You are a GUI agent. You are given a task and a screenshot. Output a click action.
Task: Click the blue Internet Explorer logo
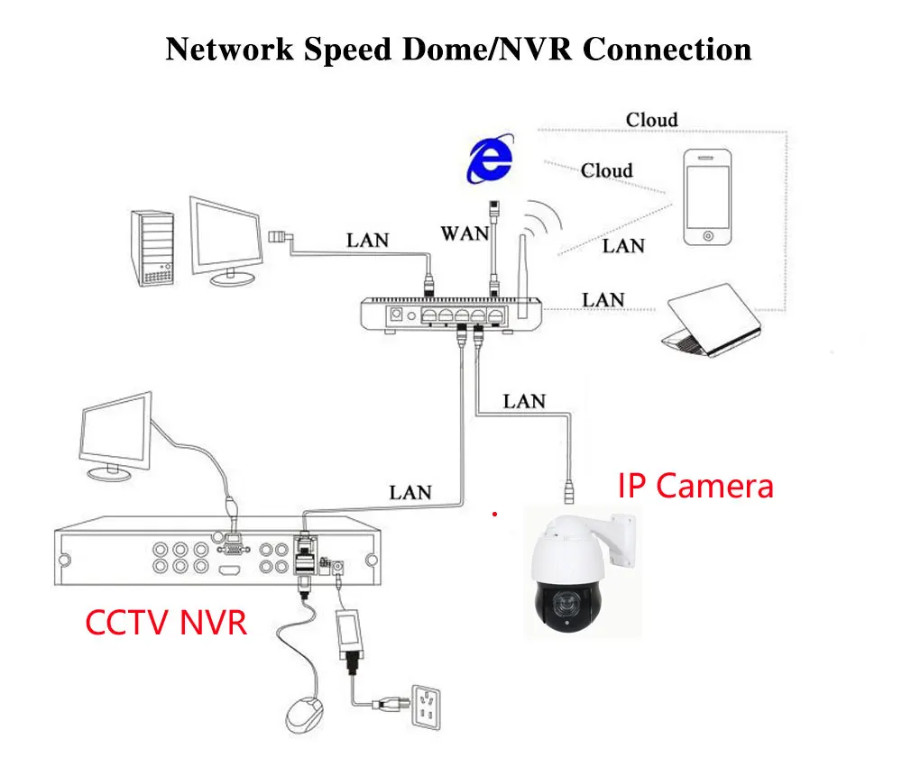coord(489,161)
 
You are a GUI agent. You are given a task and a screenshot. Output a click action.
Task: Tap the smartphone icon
coord(706,198)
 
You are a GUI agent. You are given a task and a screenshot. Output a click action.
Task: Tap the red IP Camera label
coord(695,486)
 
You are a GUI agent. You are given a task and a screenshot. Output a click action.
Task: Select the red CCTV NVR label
coord(166,621)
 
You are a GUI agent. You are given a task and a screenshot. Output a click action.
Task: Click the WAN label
coord(465,233)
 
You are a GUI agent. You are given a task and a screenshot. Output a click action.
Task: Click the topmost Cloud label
coord(651,120)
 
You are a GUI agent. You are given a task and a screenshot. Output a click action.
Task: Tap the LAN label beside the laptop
coord(603,300)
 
